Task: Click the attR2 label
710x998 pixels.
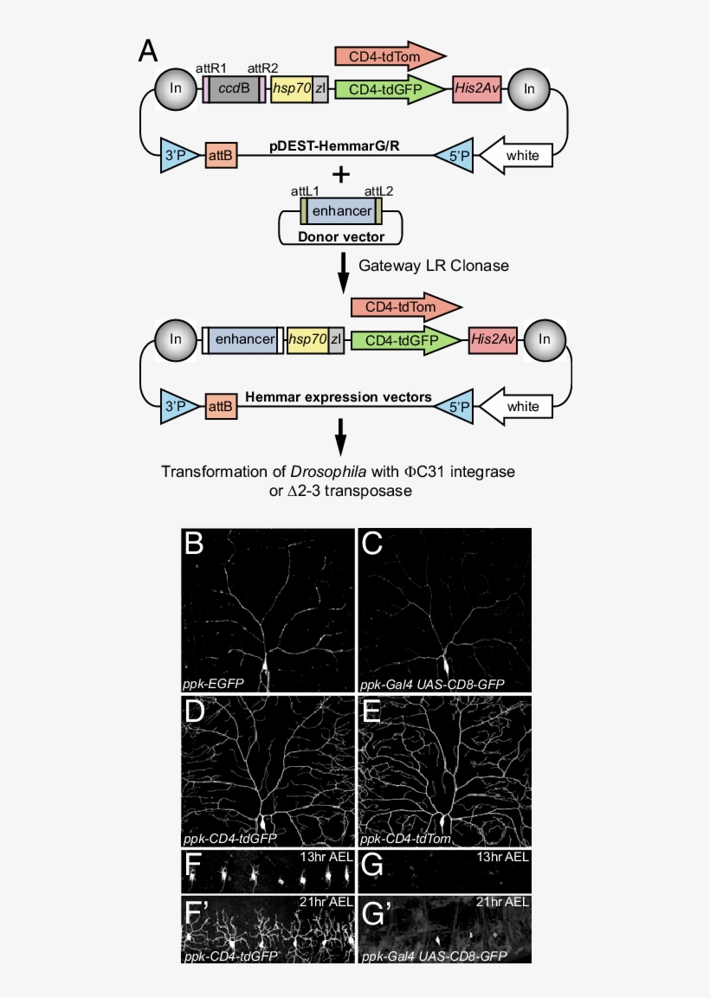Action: (264, 68)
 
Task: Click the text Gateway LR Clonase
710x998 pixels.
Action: (434, 267)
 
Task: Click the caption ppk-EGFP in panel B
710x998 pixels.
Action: (214, 683)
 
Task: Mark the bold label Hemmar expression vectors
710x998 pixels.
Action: (339, 397)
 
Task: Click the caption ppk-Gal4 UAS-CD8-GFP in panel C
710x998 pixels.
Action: (430, 683)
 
